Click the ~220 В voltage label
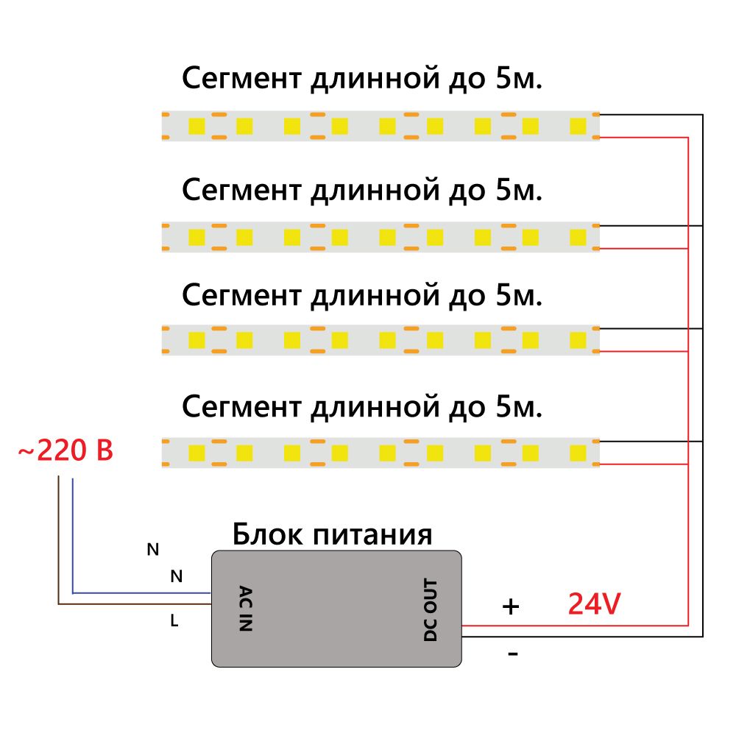(66, 450)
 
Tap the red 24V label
(594, 605)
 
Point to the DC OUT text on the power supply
(431, 610)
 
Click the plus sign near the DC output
(510, 606)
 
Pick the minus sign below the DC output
(513, 654)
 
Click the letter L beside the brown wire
(174, 621)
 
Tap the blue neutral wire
(140, 592)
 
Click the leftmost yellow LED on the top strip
(197, 126)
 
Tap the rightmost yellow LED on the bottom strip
(578, 451)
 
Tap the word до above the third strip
(460, 296)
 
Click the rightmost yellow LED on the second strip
(578, 237)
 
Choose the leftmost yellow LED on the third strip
(197, 340)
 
